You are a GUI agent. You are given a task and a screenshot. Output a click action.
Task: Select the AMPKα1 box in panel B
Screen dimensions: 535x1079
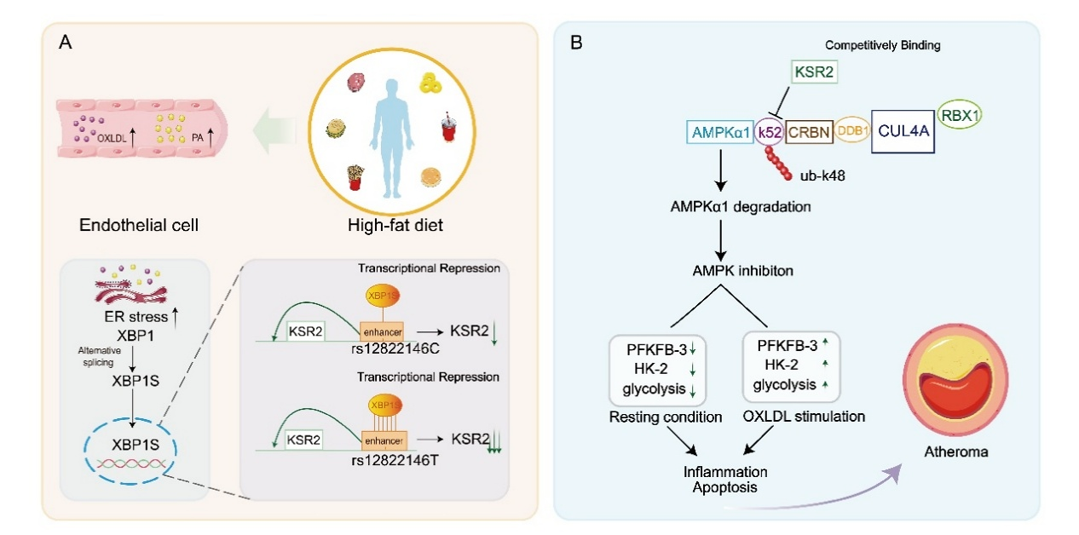pyautogui.click(x=718, y=133)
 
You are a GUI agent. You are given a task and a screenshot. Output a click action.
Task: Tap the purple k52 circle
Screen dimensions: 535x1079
pyautogui.click(x=770, y=133)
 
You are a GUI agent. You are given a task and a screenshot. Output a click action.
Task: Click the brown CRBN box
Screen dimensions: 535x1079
pyautogui.click(x=808, y=133)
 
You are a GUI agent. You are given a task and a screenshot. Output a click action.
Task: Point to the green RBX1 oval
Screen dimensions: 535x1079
pyautogui.click(x=960, y=114)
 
